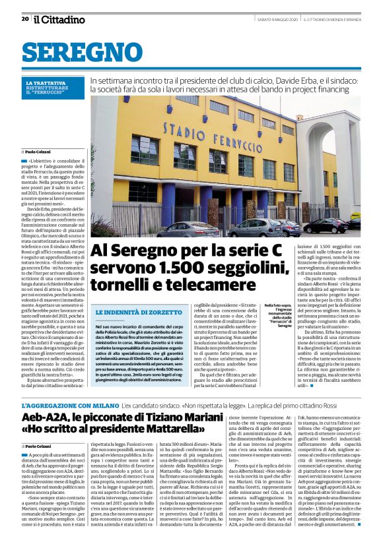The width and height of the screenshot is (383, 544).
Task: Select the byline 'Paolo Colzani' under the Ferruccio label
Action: [x=39, y=151]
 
